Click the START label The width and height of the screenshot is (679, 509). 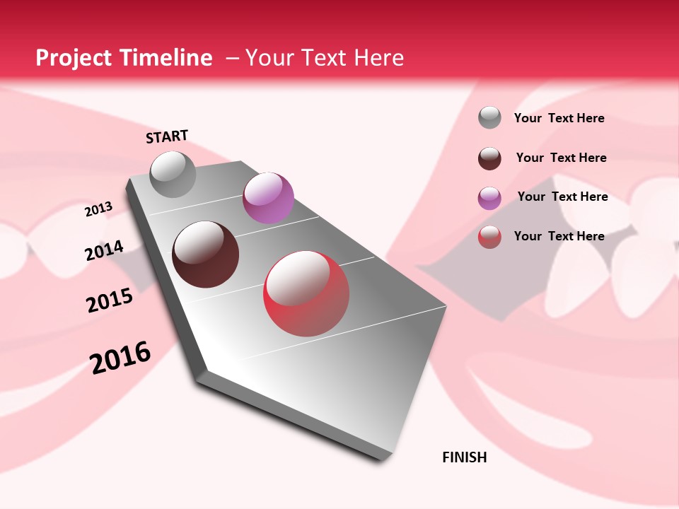[x=167, y=136]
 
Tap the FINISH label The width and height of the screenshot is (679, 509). [x=465, y=457]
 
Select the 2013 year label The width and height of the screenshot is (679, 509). [x=98, y=209]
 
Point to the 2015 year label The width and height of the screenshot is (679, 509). [x=110, y=300]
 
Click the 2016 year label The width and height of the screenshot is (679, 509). [x=120, y=357]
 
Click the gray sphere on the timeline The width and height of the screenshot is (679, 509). [x=173, y=174]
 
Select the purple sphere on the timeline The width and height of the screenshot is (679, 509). [x=268, y=198]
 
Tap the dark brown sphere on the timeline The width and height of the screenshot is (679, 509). [x=206, y=255]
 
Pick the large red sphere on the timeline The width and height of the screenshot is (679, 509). [x=306, y=293]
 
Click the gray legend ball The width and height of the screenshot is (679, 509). [x=489, y=117]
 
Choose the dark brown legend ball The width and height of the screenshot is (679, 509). [x=489, y=158]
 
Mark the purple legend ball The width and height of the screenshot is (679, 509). [x=489, y=198]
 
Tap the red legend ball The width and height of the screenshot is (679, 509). [x=489, y=237]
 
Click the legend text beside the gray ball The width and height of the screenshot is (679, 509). [x=559, y=118]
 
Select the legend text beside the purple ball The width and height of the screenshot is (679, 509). [x=562, y=197]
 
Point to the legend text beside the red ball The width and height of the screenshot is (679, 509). [x=559, y=236]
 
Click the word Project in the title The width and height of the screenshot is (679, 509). [x=74, y=58]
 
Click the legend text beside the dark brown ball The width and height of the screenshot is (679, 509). [x=561, y=158]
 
